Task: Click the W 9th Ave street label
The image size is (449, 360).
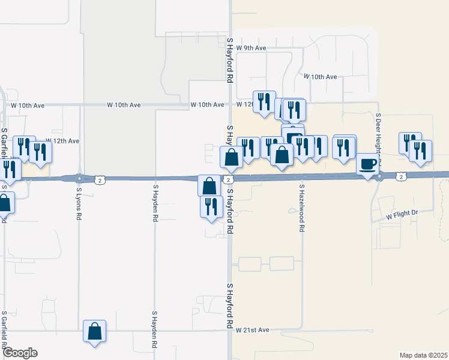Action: (251, 47)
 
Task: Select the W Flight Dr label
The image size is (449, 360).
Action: (401, 214)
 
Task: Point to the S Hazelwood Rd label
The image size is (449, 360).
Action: (301, 208)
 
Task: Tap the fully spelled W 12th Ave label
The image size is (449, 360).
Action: (62, 141)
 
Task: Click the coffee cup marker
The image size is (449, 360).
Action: (369, 164)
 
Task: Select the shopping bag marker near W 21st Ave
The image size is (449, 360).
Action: (95, 331)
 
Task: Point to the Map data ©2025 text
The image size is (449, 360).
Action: (423, 355)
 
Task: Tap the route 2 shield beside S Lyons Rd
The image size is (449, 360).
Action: (100, 179)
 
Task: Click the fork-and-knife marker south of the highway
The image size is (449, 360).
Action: (211, 206)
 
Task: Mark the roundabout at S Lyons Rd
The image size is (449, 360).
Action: (79, 178)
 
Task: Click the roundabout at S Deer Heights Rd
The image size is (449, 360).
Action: (379, 176)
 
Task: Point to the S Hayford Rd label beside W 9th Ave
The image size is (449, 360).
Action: (230, 59)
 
